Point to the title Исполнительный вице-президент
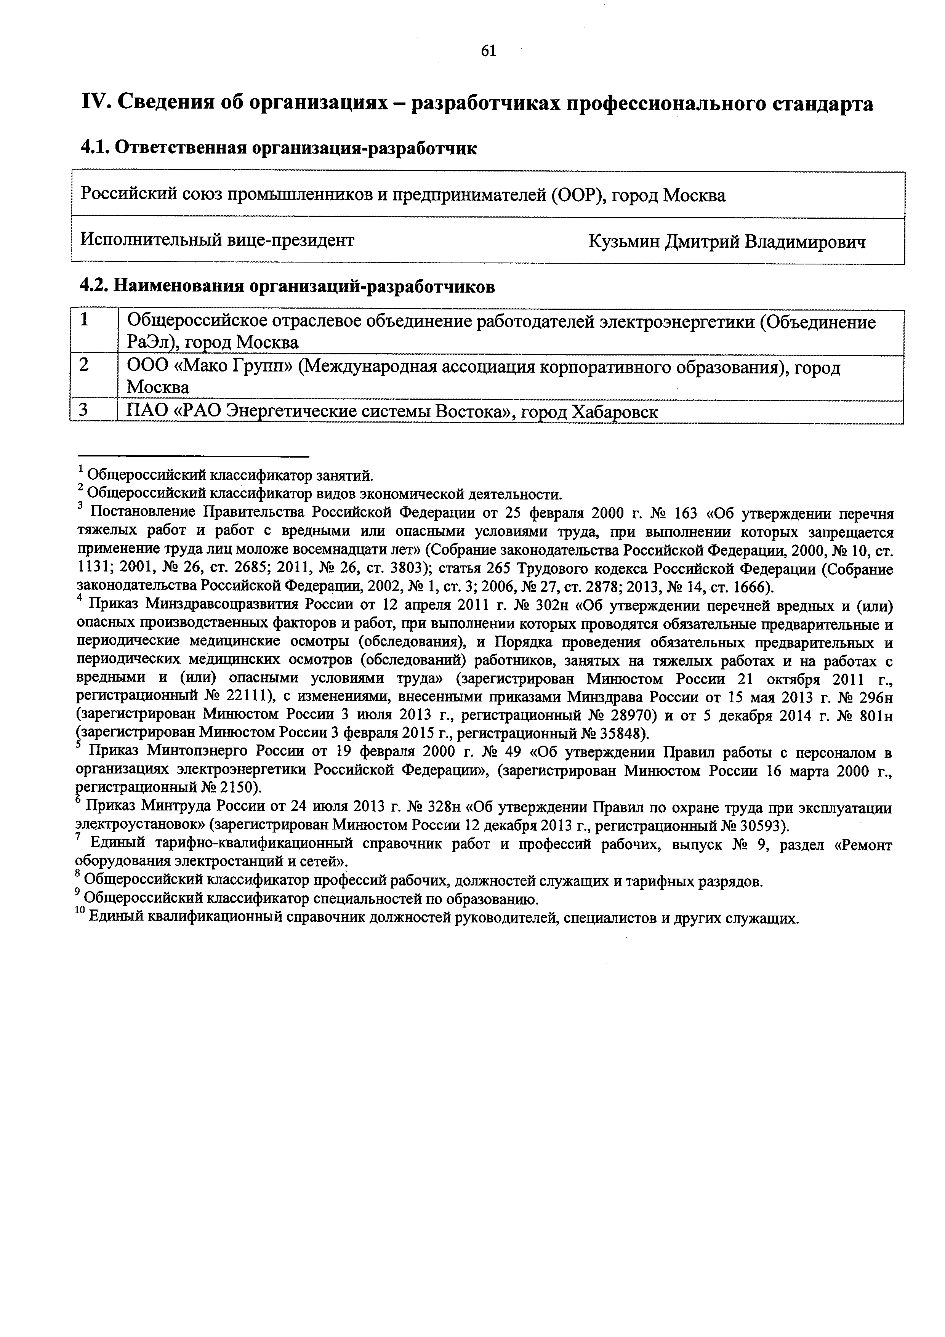216,240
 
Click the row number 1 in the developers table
85,320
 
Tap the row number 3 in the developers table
85,411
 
